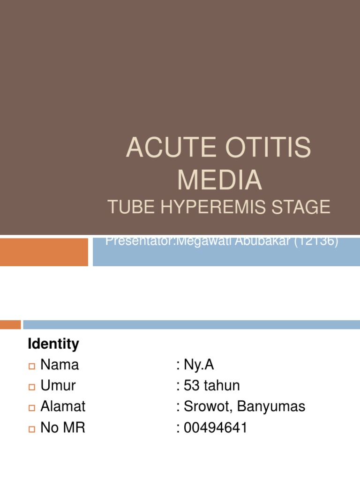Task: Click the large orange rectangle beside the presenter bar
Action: point(44,252)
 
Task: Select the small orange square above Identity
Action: point(10,324)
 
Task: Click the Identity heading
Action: point(53,344)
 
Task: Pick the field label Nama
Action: point(60,365)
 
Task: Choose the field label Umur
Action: point(58,386)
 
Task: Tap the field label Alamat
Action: point(63,406)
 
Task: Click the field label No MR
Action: point(63,427)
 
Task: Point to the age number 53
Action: point(192,386)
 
